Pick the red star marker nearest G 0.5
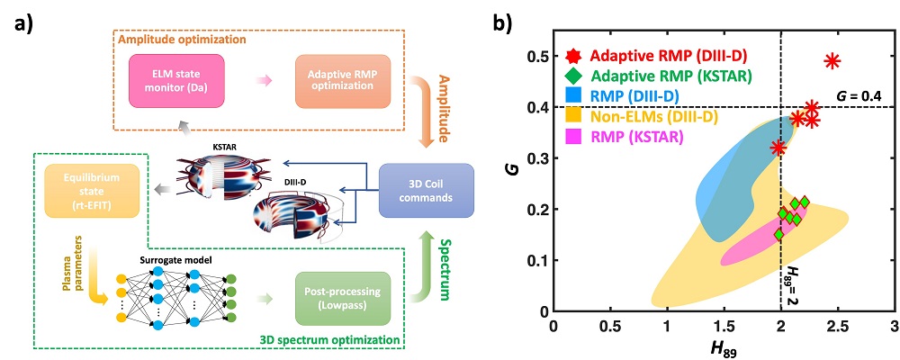[832, 61]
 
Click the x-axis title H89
[724, 346]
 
